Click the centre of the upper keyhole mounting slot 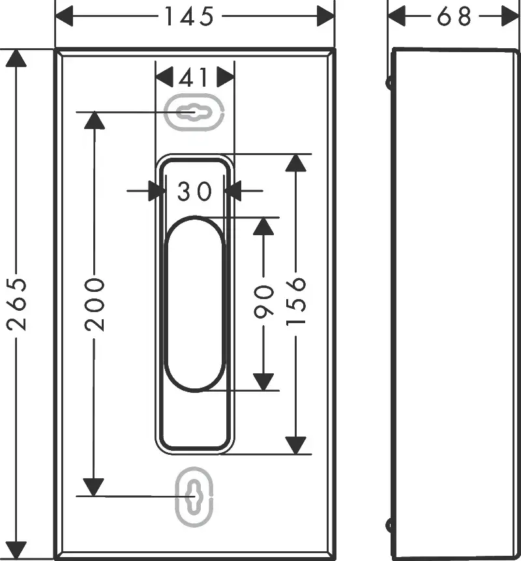[194, 112]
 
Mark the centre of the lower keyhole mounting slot [194, 496]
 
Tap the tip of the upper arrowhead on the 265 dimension [16, 50]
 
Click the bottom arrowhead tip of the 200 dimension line [94, 496]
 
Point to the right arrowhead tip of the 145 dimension [334, 16]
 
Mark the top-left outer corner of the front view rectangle [54, 48]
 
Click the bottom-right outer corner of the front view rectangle [335, 559]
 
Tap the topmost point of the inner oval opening [194, 216]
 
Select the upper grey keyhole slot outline [194, 112]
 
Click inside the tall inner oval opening [194, 304]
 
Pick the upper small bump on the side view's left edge [389, 83]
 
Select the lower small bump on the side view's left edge [389, 525]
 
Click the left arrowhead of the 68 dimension [396, 16]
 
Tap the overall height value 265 [16, 304]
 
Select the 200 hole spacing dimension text [95, 305]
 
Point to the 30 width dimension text [195, 192]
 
